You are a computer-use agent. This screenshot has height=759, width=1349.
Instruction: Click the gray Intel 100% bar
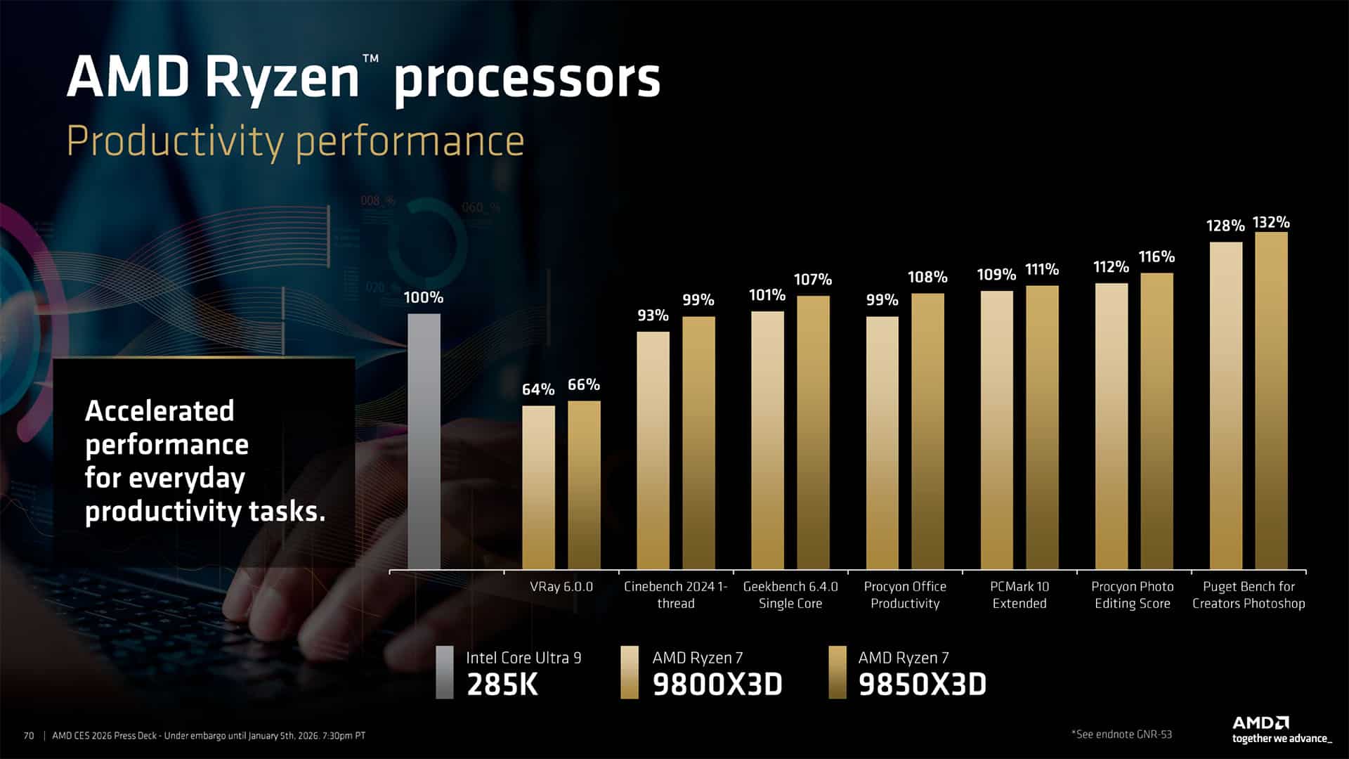[424, 441]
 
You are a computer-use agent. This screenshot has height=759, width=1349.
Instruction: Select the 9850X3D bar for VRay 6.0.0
[584, 485]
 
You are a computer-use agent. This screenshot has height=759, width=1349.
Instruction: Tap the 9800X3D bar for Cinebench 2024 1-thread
[653, 450]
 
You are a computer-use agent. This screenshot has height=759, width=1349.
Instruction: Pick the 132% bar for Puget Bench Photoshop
[1271, 401]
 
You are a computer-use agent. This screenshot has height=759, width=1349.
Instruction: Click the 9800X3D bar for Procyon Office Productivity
[882, 443]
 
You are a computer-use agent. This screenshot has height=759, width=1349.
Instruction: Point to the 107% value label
[812, 280]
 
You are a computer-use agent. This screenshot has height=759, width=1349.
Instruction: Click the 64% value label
[538, 389]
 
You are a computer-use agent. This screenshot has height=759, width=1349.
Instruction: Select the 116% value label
[1156, 257]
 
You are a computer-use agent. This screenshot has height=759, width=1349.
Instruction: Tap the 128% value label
[1225, 226]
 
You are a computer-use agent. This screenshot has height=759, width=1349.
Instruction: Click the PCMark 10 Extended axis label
[1019, 595]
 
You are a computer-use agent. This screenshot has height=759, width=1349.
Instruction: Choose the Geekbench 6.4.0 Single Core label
[790, 595]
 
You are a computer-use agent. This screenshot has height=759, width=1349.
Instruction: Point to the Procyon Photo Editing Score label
[1133, 595]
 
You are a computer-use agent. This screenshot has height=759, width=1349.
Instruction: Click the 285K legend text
[502, 685]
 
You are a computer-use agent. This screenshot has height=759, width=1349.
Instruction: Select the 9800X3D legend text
[717, 685]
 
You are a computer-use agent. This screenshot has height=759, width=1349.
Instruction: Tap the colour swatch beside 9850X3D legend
[838, 673]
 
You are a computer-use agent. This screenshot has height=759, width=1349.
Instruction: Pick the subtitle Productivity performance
[296, 141]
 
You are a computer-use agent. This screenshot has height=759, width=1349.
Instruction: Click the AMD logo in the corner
[1260, 723]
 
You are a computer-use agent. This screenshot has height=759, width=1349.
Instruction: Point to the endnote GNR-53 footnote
[1121, 734]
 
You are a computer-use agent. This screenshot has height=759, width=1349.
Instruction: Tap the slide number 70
[29, 736]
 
